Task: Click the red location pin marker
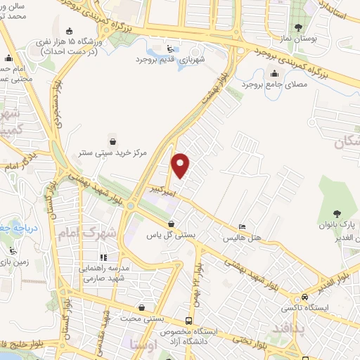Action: (x=181, y=165)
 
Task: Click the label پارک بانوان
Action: (x=341, y=226)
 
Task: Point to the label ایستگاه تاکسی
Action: (x=304, y=308)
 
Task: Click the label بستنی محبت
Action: (x=143, y=319)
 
